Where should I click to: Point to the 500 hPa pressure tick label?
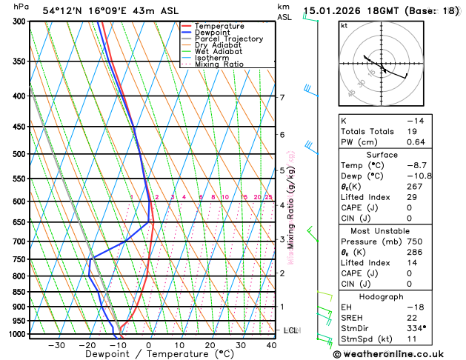(x=17, y=154)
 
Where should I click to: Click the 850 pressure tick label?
(x=17, y=292)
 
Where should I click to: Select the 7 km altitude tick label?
(x=282, y=98)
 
